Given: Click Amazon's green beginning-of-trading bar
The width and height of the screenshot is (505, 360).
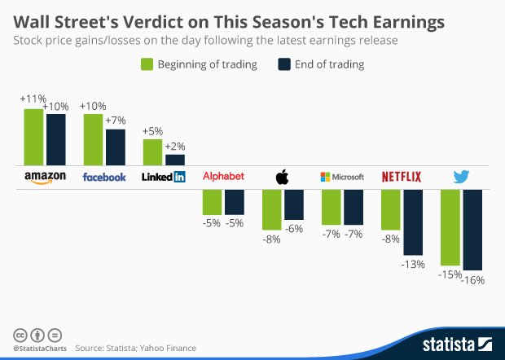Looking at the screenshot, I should click(x=33, y=137).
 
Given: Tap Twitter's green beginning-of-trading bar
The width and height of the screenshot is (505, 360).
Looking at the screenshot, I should click(x=450, y=228).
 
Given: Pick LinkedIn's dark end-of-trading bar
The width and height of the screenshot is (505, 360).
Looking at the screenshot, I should click(x=175, y=160).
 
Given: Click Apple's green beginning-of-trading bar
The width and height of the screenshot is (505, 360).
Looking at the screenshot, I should click(x=271, y=209).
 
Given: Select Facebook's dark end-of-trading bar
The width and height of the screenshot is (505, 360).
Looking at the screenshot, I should click(x=116, y=147).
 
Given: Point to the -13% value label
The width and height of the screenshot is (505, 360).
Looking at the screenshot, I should click(x=414, y=264).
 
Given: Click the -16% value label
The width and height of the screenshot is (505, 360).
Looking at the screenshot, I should click(x=473, y=280).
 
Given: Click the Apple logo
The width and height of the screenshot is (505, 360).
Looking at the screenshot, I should click(x=283, y=177).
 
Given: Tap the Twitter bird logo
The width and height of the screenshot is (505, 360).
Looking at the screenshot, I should click(x=462, y=177).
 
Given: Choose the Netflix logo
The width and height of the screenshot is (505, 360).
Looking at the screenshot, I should click(x=402, y=177).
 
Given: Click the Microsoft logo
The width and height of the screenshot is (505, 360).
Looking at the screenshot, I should click(x=342, y=177).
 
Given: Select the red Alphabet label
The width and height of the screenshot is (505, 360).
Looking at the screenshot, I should click(x=222, y=177).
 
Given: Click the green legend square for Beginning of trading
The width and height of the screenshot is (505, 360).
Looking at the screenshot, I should click(x=148, y=64).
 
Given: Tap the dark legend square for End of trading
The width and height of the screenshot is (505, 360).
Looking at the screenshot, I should click(x=285, y=64).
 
